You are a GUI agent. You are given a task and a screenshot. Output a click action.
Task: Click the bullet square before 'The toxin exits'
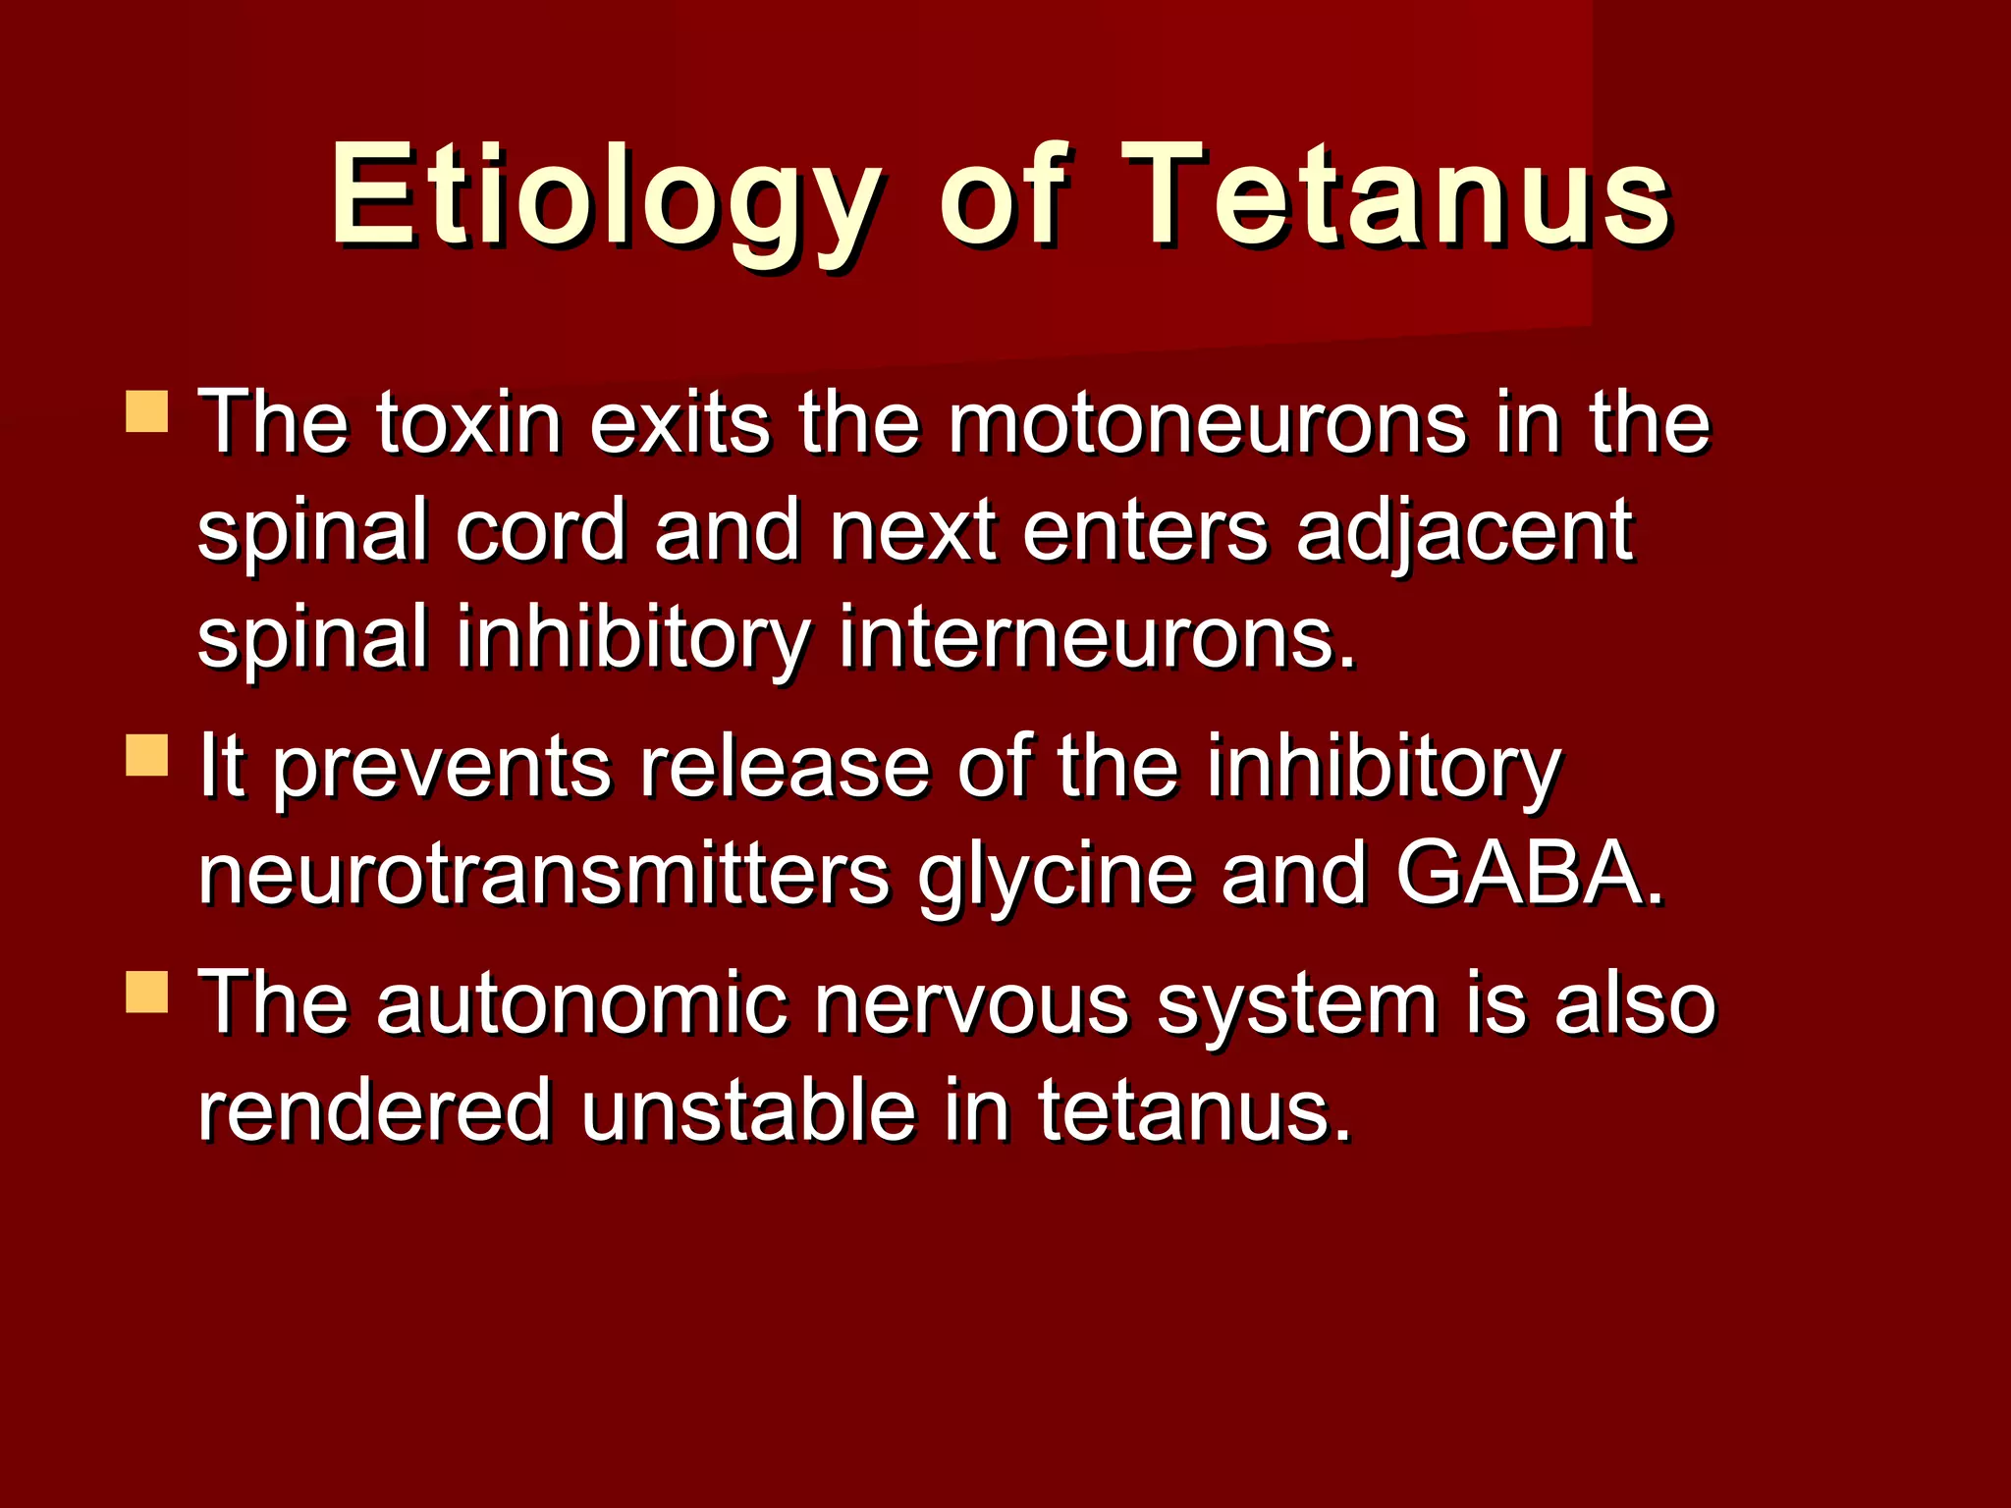point(147,411)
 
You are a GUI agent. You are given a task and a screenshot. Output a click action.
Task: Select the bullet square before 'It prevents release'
point(147,755)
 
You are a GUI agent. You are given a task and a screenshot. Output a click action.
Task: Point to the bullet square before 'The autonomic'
point(147,992)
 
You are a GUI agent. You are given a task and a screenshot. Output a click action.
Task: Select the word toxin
point(469,424)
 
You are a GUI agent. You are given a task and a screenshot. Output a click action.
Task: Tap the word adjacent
point(1463,532)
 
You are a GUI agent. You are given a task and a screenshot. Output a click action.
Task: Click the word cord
point(540,532)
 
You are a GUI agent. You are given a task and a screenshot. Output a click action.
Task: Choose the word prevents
point(442,769)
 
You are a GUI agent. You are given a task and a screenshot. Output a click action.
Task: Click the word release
point(784,769)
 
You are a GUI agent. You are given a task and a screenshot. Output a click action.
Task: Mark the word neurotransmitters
point(543,875)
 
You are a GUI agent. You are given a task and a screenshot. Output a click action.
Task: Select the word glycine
point(1056,875)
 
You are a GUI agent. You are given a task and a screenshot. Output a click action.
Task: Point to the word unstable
point(748,1112)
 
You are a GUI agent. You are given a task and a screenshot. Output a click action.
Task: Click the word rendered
point(374,1112)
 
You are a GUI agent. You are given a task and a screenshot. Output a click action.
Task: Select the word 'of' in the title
point(1002,196)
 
